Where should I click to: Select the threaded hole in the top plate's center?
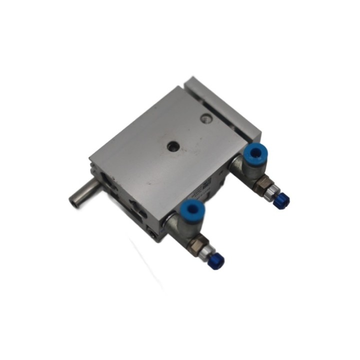pos(172,145)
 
